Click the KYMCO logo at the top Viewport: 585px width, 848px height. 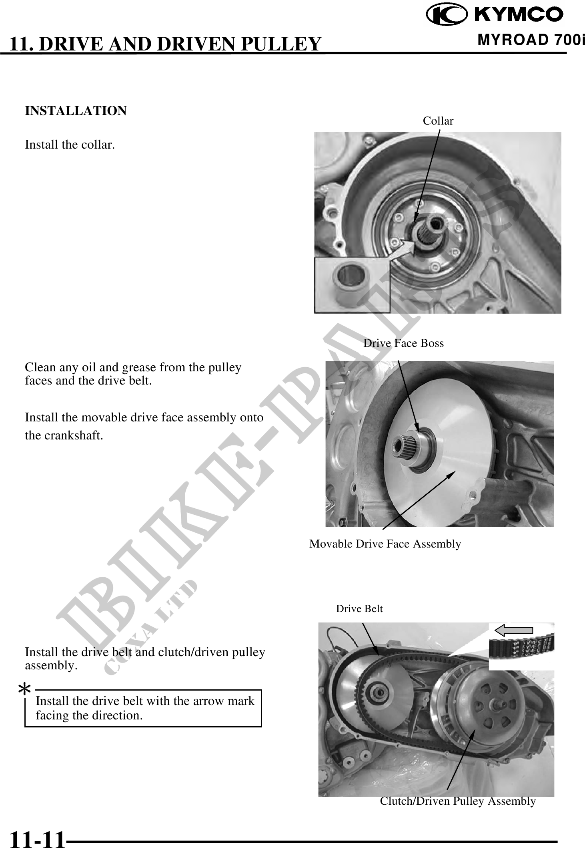[x=495, y=15]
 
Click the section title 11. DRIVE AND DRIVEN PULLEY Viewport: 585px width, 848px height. [x=165, y=44]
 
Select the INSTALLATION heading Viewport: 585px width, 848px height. [x=76, y=111]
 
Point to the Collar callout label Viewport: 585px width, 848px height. [x=438, y=121]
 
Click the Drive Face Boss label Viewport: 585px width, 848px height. [x=403, y=343]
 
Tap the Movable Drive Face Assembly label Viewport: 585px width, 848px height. [x=385, y=544]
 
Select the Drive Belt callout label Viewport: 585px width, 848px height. [x=359, y=609]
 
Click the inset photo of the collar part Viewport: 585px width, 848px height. [x=352, y=285]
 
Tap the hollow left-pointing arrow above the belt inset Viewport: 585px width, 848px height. [x=514, y=630]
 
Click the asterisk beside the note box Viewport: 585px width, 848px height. [x=25, y=690]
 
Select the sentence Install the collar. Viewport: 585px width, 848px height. [x=70, y=145]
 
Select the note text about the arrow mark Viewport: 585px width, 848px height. [x=145, y=708]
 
